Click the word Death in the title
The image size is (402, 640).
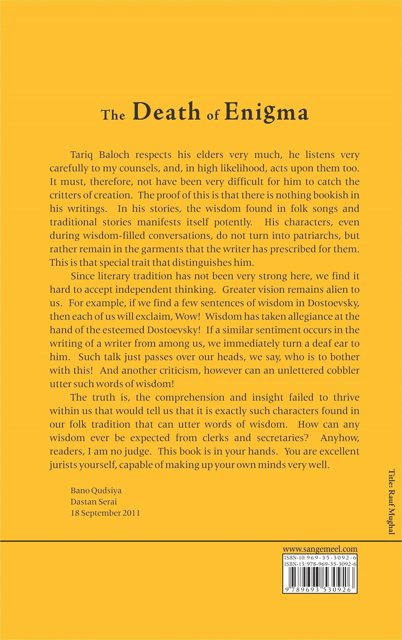pos(166,112)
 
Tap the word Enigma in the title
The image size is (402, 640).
pos(266,112)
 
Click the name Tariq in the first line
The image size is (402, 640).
pos(81,155)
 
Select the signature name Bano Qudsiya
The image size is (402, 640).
pos(96,490)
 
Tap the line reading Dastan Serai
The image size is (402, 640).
pos(94,502)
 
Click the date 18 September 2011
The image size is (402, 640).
pos(105,513)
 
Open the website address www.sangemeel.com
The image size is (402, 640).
pos(320,549)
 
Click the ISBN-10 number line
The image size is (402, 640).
pos(320,558)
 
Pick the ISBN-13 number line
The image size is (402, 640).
pos(320,565)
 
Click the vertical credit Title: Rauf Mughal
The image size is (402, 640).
pos(391,502)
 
